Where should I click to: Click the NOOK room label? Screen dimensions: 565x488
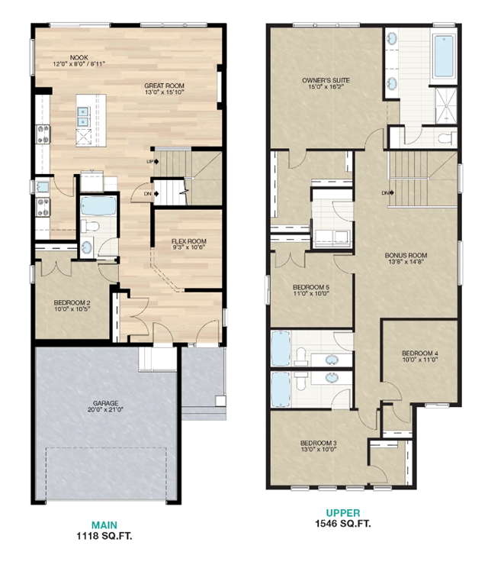tap(79, 56)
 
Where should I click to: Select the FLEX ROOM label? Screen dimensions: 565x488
tap(189, 241)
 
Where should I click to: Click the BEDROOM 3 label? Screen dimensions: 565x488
tap(318, 444)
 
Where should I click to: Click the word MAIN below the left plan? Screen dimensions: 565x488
tap(104, 525)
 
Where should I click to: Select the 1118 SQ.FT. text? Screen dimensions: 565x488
tap(104, 536)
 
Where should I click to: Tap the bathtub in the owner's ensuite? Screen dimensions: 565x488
tap(443, 58)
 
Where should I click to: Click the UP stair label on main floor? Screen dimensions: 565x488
tap(151, 162)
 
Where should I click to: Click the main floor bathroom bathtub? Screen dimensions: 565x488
tap(97, 206)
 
